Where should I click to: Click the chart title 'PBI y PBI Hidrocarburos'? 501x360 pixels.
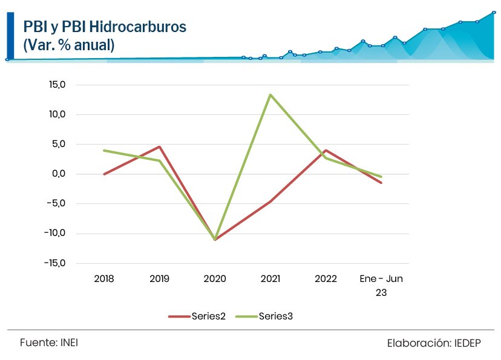tap(104, 27)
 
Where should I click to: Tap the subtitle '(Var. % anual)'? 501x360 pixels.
tap(68, 45)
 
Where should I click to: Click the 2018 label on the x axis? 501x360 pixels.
tap(104, 279)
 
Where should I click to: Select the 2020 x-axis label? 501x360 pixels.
tap(215, 279)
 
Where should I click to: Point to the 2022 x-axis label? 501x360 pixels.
tap(326, 279)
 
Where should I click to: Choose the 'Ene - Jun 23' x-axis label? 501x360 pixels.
tap(381, 285)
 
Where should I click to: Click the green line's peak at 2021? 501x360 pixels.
tap(270, 94)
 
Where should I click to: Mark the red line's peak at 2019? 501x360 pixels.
tap(159, 146)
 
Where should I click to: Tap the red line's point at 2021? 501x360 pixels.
tap(270, 201)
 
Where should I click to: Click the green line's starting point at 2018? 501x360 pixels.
tap(104, 151)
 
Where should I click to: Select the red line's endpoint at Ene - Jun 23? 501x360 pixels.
tap(381, 183)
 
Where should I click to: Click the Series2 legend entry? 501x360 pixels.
tap(197, 316)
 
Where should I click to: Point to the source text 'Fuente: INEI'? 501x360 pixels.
tap(48, 342)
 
